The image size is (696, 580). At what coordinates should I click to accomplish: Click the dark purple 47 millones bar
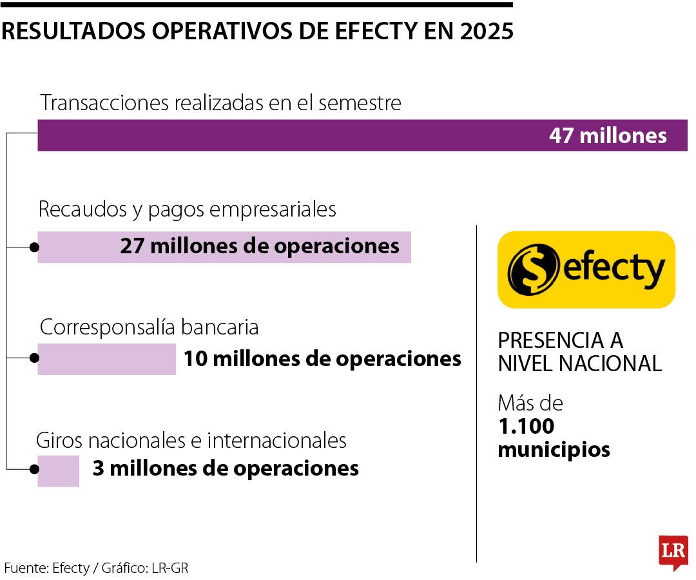tap(290, 135)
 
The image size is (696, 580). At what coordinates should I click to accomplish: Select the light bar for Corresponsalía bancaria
tap(106, 359)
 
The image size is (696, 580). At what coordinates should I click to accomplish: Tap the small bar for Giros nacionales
tap(58, 470)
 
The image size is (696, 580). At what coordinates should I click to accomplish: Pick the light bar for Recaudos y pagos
tap(77, 247)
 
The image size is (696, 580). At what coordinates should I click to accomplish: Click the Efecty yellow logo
tap(586, 269)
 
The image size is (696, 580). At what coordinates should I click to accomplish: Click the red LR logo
tap(673, 552)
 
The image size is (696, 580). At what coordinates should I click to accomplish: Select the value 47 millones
tap(608, 136)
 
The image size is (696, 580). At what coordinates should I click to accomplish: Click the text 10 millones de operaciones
tap(322, 359)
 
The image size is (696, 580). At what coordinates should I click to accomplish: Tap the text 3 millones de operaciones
tap(226, 469)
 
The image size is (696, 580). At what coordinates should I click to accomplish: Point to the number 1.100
tap(526, 426)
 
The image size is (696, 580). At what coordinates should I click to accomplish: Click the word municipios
tap(554, 449)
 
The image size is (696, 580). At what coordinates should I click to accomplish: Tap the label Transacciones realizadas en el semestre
tap(220, 103)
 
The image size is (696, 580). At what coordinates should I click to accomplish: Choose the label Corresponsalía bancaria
tap(149, 327)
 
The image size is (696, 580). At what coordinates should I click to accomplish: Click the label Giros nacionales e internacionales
tap(191, 441)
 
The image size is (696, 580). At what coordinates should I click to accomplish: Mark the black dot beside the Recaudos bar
tap(34, 247)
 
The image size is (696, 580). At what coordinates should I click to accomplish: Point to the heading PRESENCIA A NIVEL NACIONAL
tap(579, 352)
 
